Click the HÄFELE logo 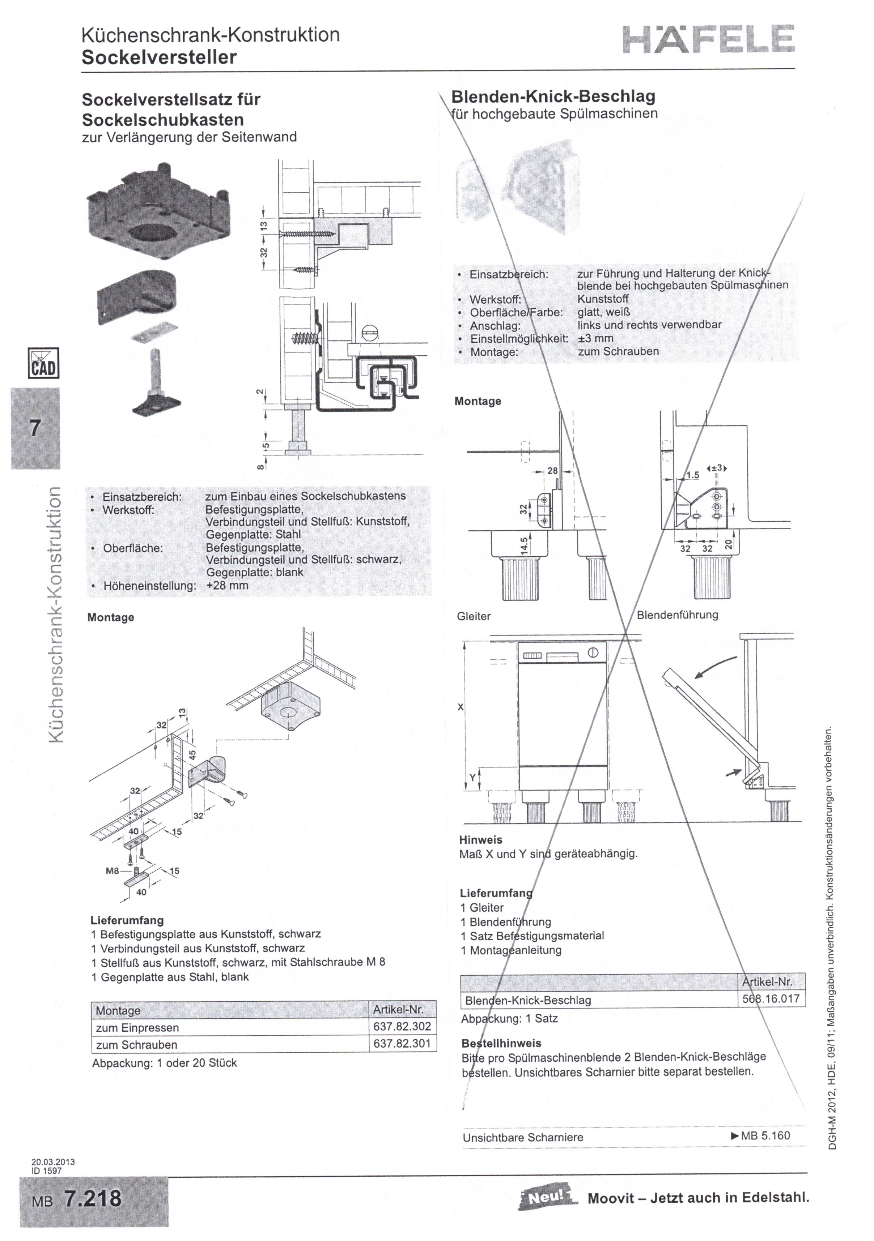[709, 39]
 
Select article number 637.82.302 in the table [402, 1026]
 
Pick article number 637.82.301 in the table [402, 1043]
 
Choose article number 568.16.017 [771, 998]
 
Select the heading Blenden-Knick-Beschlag [553, 97]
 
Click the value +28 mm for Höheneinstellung [227, 585]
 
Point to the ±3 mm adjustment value [595, 338]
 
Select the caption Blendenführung [677, 615]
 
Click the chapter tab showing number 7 [35, 428]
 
